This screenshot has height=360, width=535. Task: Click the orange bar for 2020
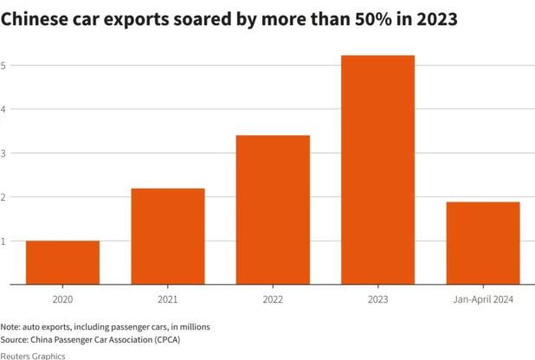(62, 262)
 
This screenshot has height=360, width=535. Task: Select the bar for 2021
(167, 236)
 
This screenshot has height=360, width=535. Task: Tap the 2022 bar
(273, 209)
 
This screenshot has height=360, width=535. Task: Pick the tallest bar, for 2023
(377, 170)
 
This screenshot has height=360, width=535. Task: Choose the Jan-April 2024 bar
(483, 243)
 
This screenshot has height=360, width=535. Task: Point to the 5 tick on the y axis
(4, 65)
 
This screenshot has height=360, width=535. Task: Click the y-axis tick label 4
(4, 109)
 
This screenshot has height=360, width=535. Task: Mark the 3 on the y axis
(4, 153)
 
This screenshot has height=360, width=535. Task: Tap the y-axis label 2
(4, 197)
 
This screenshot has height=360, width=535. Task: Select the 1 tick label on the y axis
(4, 241)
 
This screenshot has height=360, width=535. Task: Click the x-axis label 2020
(62, 299)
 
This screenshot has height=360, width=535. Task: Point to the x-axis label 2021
(167, 299)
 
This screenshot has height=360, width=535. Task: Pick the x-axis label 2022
(273, 299)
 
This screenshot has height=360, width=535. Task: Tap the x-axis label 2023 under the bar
(377, 299)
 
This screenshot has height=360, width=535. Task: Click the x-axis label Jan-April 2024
(483, 299)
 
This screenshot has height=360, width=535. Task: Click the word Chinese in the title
(36, 18)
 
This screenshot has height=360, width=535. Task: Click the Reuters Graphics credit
(32, 356)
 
